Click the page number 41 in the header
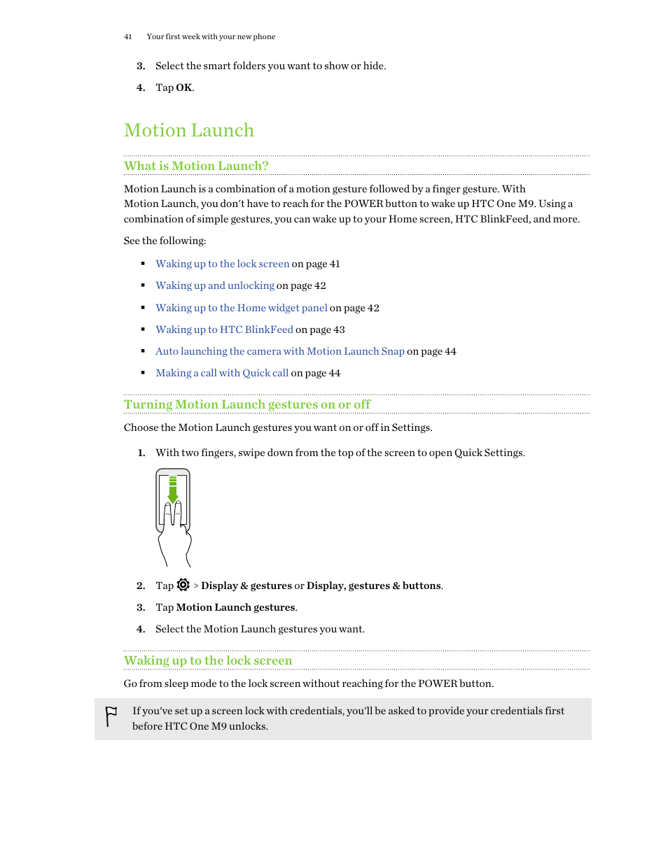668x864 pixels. pos(127,36)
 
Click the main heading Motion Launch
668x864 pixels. pos(189,131)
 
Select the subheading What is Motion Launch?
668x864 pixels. pos(196,166)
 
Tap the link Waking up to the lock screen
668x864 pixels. pos(222,264)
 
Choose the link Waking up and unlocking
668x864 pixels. pos(215,285)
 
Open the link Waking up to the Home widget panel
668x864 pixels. pos(241,308)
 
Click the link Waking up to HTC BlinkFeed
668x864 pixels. pos(224,330)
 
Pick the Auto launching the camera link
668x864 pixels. pos(279,351)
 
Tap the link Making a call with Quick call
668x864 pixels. pos(222,373)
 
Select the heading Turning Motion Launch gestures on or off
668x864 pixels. pos(246,404)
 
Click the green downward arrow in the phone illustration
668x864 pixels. pos(173,490)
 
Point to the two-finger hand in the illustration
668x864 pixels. pos(174,532)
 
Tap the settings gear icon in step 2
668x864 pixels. pos(183,585)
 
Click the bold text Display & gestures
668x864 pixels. pos(246,586)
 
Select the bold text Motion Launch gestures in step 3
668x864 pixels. pos(235,607)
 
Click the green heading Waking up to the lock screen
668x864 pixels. pos(208,660)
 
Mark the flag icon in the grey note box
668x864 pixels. pos(111,716)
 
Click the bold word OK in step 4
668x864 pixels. pos(184,87)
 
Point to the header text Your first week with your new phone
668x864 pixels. pos(211,36)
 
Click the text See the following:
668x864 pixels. pos(165,241)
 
